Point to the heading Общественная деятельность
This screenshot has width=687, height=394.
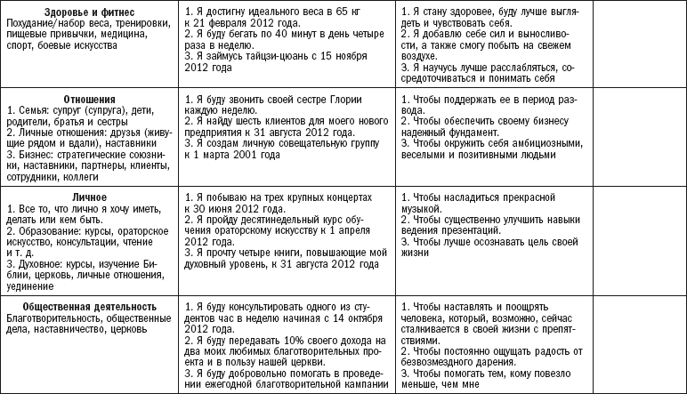pyautogui.click(x=86, y=308)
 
